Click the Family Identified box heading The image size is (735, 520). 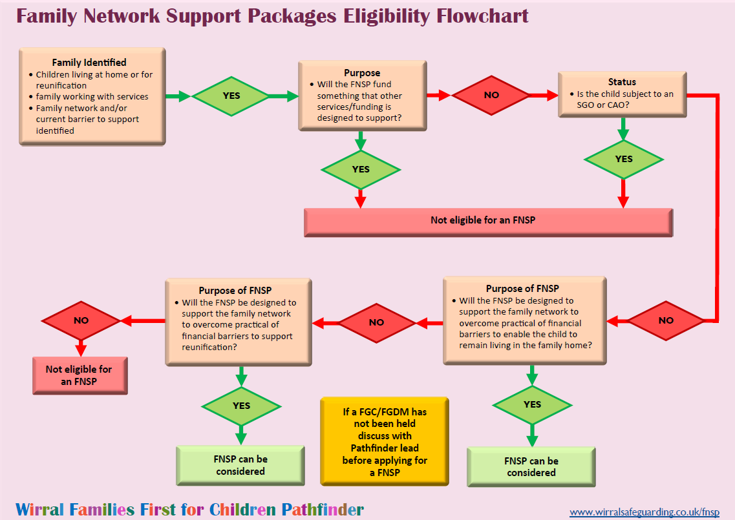[x=89, y=63]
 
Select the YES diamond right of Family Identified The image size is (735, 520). [x=231, y=96]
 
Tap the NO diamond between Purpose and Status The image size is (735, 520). [x=491, y=95]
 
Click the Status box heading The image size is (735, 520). [x=622, y=82]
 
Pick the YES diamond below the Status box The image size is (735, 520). [x=623, y=159]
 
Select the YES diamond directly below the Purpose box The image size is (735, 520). [x=361, y=169]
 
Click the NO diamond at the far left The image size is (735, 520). [x=81, y=320]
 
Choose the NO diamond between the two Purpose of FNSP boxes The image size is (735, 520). [x=376, y=322]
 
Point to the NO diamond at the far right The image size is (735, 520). [x=665, y=320]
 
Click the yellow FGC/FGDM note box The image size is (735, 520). [x=384, y=442]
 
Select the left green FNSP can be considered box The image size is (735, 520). [x=240, y=465]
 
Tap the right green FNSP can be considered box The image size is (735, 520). [x=531, y=466]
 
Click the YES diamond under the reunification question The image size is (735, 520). [x=241, y=406]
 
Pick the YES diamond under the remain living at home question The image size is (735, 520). [x=532, y=404]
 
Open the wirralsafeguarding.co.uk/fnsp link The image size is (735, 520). [x=644, y=512]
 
